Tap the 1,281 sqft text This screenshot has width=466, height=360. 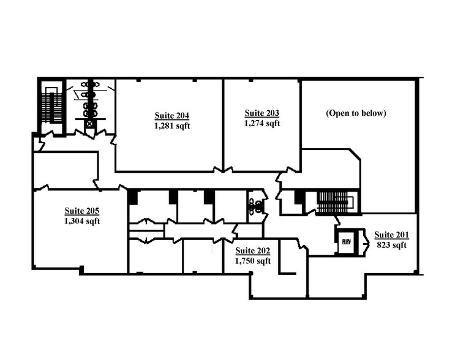pyautogui.click(x=172, y=126)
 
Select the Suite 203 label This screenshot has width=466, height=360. pyautogui.click(x=262, y=113)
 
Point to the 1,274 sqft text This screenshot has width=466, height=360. pyautogui.click(x=262, y=123)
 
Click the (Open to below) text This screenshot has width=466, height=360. pyautogui.click(x=356, y=113)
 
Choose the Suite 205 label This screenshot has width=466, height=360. pyautogui.click(x=82, y=211)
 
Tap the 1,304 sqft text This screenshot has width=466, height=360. pyautogui.click(x=82, y=221)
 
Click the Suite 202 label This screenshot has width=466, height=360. pyautogui.click(x=253, y=250)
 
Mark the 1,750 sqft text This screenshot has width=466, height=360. pyautogui.click(x=253, y=261)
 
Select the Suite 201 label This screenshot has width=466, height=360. pyautogui.click(x=391, y=234)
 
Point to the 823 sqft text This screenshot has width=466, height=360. pyautogui.click(x=391, y=245)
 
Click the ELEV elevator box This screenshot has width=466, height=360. pyautogui.click(x=345, y=241)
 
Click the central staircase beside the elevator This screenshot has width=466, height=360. pyautogui.click(x=333, y=201)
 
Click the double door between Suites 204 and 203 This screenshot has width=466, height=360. pyautogui.click(x=223, y=169)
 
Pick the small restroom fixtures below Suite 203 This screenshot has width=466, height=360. pyautogui.click(x=255, y=202)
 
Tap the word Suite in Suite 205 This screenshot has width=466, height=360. pyautogui.click(x=74, y=211)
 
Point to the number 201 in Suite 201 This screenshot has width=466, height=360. pyautogui.click(x=402, y=234)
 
